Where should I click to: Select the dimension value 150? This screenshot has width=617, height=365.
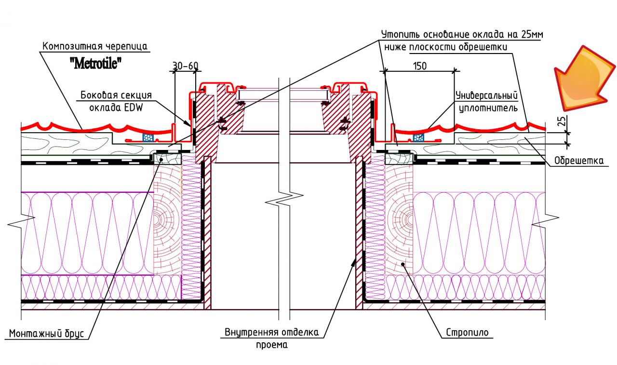pyautogui.click(x=419, y=66)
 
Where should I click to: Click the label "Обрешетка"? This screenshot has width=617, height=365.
pyautogui.click(x=578, y=161)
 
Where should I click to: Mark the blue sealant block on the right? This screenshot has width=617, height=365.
pyautogui.click(x=418, y=138)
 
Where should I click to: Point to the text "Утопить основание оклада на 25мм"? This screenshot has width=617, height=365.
pyautogui.click(x=463, y=35)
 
